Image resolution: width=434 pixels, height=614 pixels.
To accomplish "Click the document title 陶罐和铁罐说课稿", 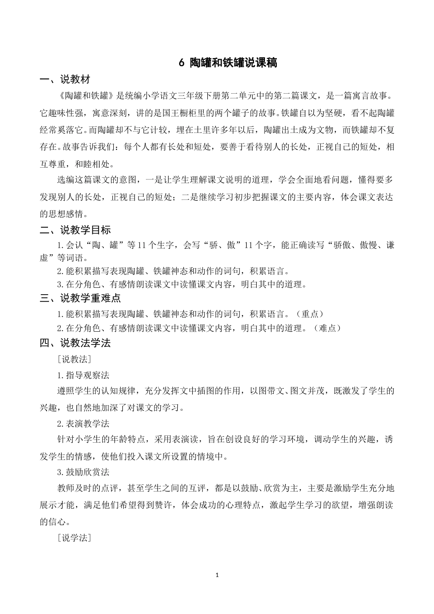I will pyautogui.click(x=233, y=63).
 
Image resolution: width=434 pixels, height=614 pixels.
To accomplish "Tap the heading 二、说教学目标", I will pyautogui.click(x=75, y=230).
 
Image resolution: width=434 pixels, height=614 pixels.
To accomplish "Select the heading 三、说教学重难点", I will pyautogui.click(x=80, y=298).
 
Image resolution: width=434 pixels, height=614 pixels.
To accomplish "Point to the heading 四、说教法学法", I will pyautogui.click(x=75, y=343).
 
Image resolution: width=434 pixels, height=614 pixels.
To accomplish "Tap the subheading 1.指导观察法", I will pyautogui.click(x=83, y=375).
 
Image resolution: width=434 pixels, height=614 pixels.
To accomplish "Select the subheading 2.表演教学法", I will pyautogui.click(x=83, y=423).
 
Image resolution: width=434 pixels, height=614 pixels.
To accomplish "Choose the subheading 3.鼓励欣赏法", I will pyautogui.click(x=83, y=472).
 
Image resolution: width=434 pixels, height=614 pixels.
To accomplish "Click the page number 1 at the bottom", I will pyautogui.click(x=217, y=575).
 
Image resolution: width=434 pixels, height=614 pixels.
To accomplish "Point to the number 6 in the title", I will pyautogui.click(x=181, y=63).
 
